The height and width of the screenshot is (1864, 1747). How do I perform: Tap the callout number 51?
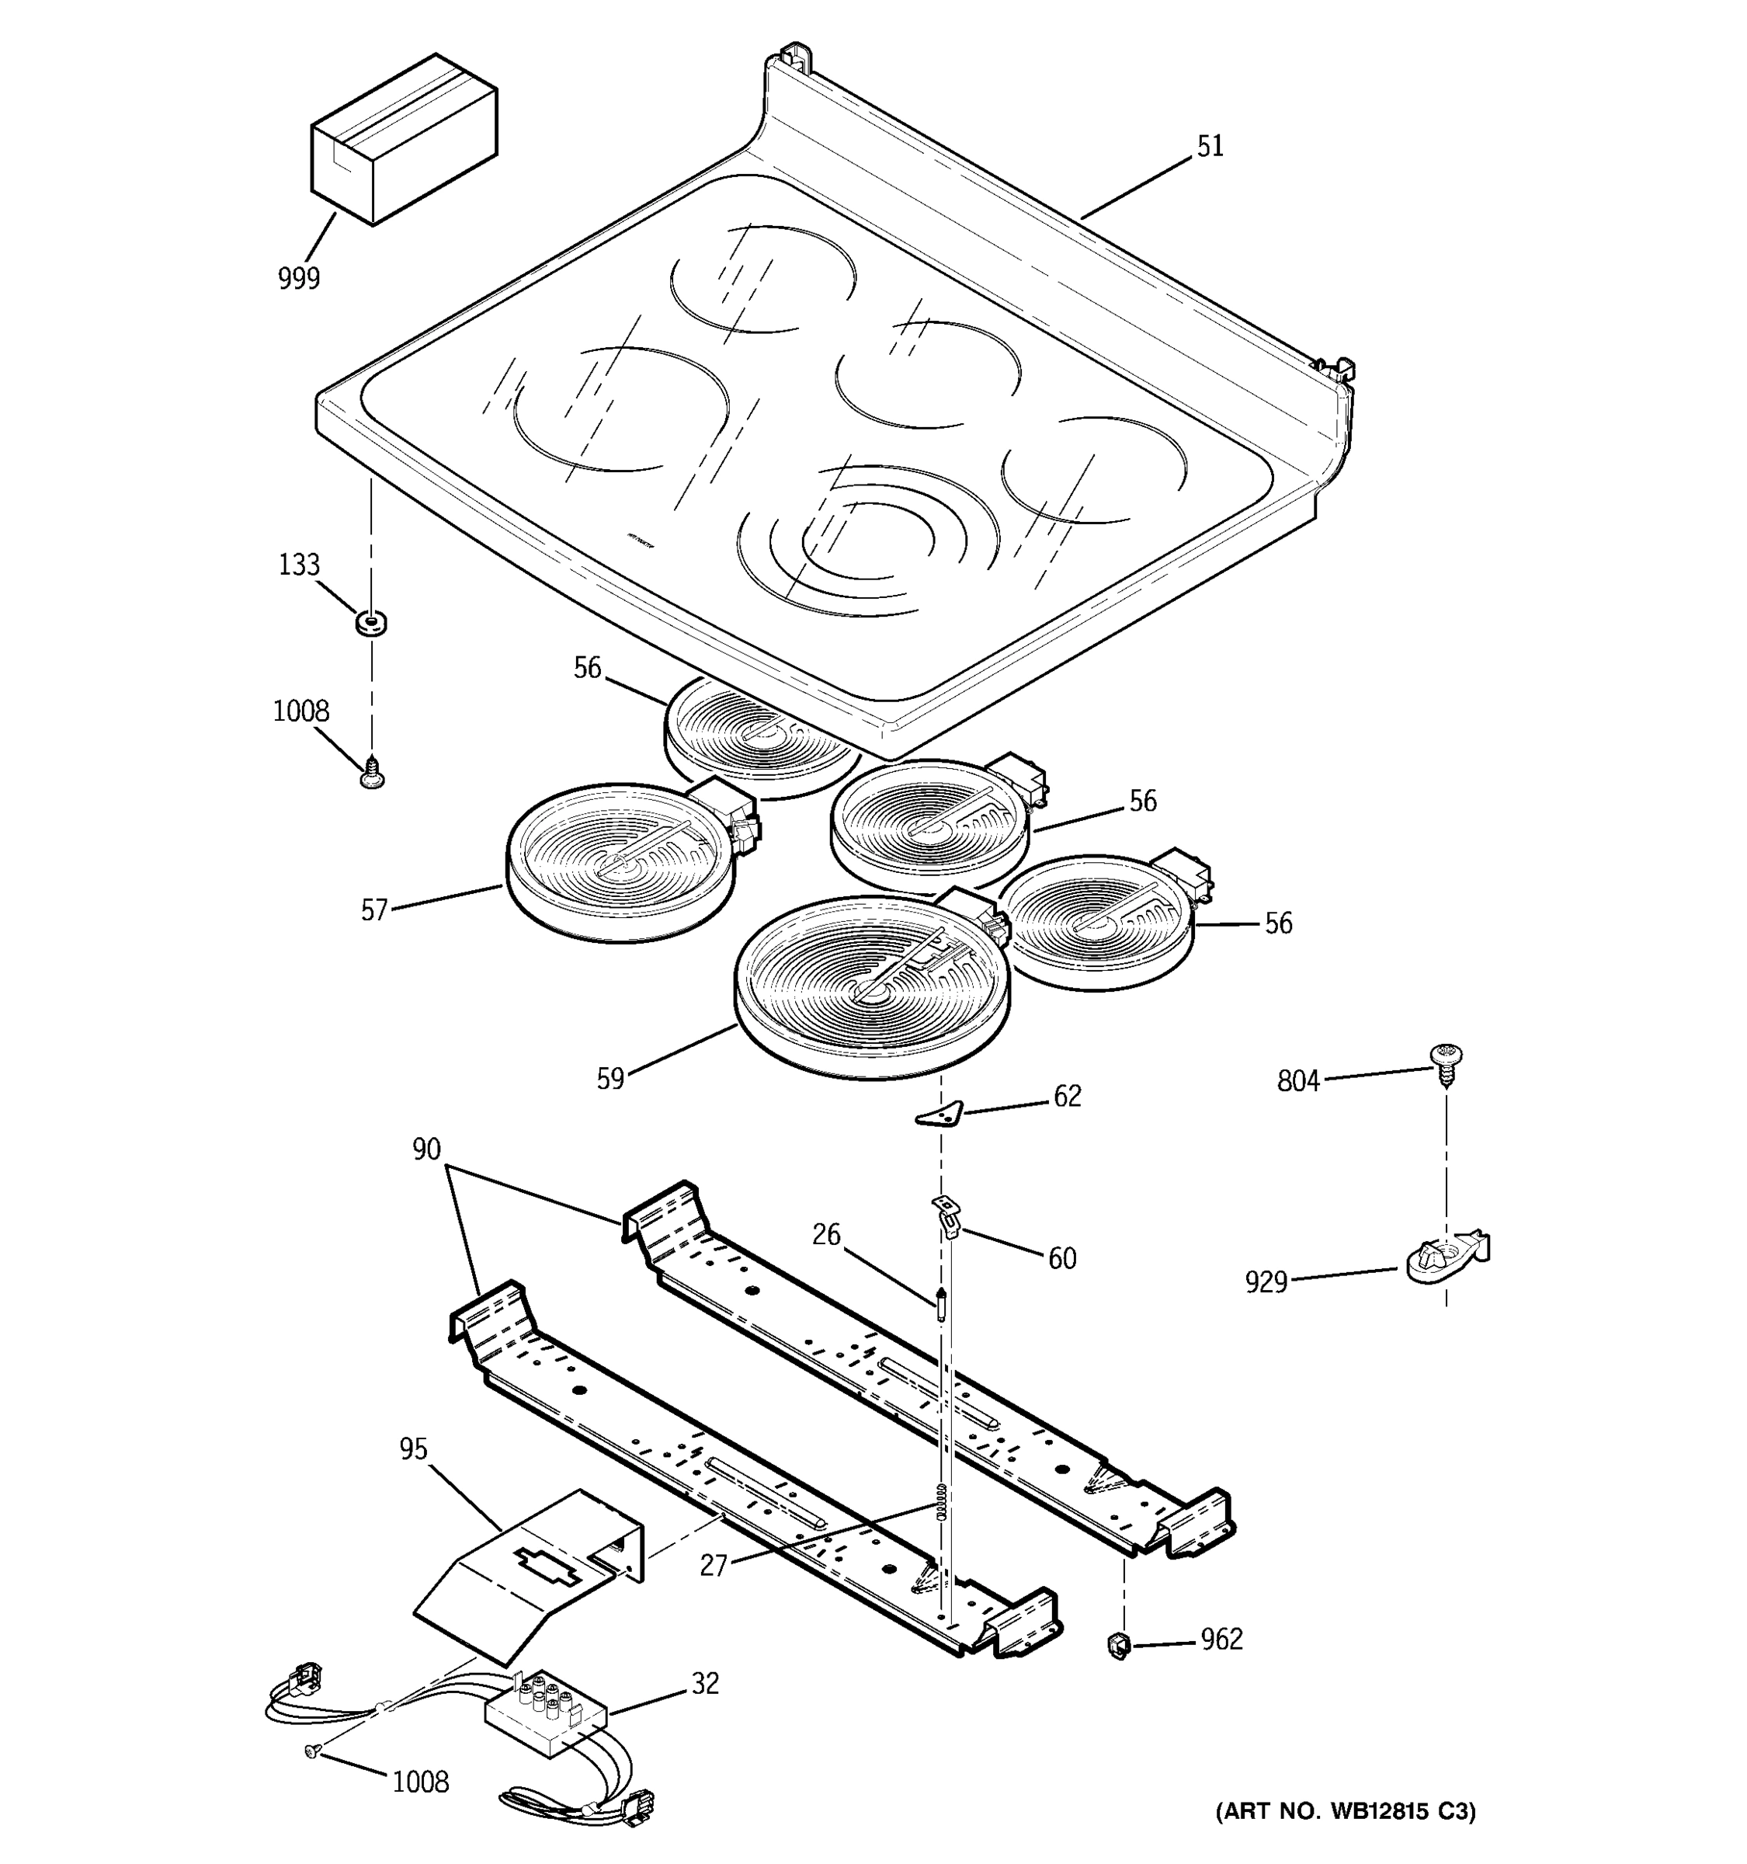click(x=1210, y=148)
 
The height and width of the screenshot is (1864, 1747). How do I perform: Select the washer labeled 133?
click(x=372, y=621)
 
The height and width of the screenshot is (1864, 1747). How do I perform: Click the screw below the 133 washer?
click(x=372, y=773)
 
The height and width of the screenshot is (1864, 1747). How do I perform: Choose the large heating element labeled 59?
click(x=872, y=985)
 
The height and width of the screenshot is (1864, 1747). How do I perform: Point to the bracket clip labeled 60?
click(x=946, y=1215)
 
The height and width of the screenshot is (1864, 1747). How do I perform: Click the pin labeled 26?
click(x=940, y=1304)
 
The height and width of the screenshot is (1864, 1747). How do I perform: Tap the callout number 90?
click(x=426, y=1149)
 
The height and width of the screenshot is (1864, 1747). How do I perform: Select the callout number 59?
click(x=610, y=1080)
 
